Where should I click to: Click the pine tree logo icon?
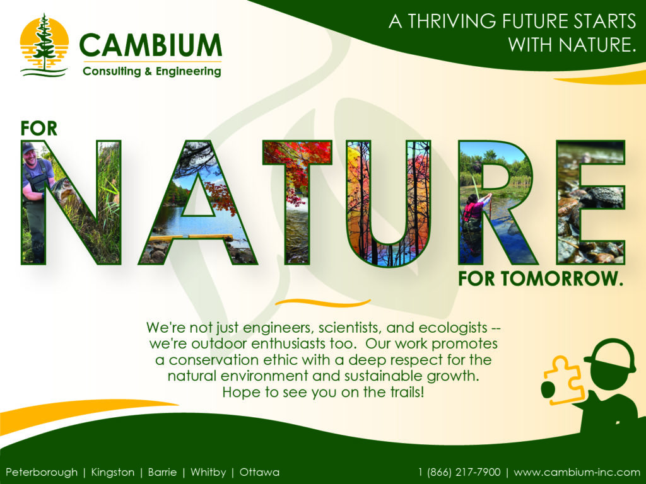[44, 45]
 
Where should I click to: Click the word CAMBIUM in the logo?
[150, 45]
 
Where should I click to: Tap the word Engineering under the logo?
[188, 72]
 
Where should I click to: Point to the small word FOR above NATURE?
[38, 129]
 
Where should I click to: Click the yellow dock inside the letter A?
[192, 238]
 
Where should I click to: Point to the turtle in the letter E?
[601, 197]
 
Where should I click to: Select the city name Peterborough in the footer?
[42, 472]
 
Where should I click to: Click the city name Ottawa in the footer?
[259, 472]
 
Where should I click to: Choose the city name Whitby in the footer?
[208, 472]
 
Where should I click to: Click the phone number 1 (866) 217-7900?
[459, 472]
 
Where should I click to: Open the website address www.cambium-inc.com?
[577, 472]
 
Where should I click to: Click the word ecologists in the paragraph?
[453, 328]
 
